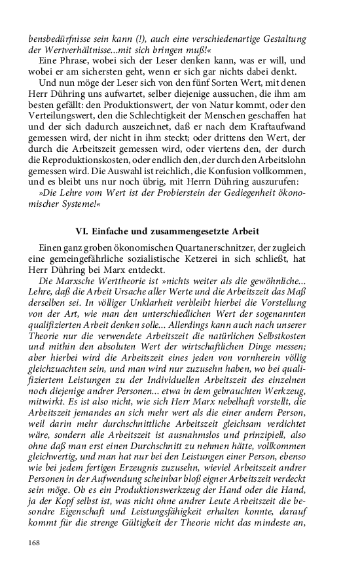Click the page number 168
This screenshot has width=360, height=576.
coord(34,542)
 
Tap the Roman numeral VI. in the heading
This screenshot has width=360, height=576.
coord(84,231)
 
